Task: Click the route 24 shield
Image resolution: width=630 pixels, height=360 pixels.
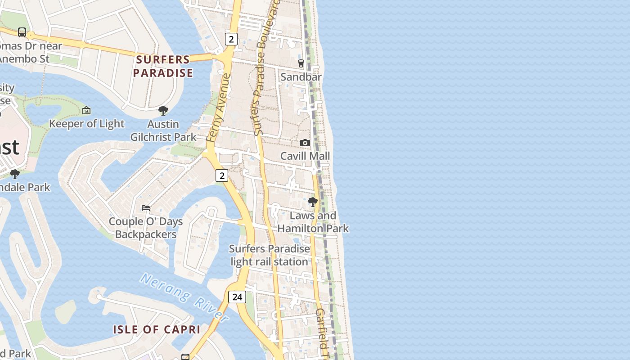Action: click(237, 297)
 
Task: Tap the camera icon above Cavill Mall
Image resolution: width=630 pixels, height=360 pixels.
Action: click(305, 143)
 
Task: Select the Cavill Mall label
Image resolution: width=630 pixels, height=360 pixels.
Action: click(305, 156)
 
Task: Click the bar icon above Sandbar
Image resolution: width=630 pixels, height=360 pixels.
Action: click(301, 63)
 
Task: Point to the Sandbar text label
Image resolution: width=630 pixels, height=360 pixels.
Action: click(301, 77)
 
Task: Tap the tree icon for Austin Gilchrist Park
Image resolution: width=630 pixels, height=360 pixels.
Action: click(163, 111)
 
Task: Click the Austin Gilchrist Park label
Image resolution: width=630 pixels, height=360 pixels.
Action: click(163, 130)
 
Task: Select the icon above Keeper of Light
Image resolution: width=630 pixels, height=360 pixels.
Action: click(86, 110)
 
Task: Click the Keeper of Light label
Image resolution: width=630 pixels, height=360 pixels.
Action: click(86, 124)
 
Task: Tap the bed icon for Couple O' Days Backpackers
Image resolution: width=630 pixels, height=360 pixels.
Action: click(146, 208)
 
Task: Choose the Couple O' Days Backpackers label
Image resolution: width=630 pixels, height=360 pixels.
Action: click(146, 228)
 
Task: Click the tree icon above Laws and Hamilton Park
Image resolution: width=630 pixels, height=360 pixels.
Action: click(313, 202)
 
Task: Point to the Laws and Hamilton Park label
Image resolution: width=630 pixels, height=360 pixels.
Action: click(313, 222)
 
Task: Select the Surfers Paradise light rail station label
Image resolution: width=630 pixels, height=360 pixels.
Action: click(269, 255)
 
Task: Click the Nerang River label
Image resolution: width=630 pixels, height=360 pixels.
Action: click(184, 297)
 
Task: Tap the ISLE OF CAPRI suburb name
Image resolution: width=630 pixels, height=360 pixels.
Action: click(157, 329)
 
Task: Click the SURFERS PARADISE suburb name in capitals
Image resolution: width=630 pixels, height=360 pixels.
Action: click(163, 66)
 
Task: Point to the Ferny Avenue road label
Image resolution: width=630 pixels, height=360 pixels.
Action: click(219, 108)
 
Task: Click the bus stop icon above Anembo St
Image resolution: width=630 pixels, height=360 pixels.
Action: click(22, 32)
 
